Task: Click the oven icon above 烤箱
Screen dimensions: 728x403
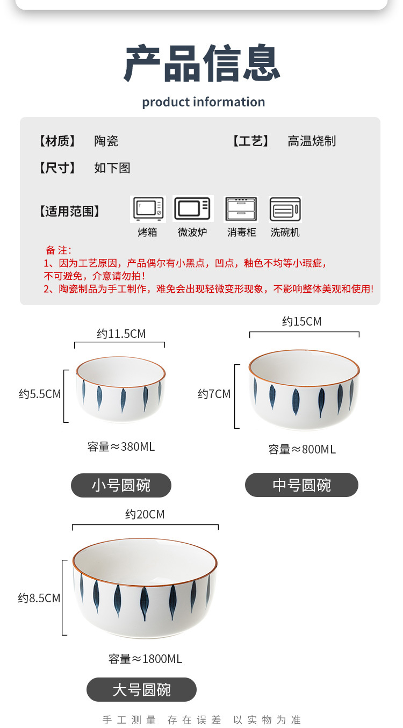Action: tap(148, 209)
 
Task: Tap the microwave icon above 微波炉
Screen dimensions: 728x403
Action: tap(193, 208)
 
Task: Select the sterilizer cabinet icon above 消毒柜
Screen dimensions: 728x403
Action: tap(241, 209)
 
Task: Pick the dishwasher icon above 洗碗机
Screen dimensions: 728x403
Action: tap(285, 209)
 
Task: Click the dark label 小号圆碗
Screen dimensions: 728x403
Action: tap(121, 486)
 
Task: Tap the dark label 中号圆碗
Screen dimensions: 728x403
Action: tap(301, 485)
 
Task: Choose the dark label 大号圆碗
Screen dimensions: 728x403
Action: tap(141, 690)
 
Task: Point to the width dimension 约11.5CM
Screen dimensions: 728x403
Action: tap(121, 334)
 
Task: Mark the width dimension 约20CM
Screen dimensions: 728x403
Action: tap(145, 515)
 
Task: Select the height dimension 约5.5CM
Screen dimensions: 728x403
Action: tap(40, 394)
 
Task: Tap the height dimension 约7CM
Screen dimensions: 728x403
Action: tap(214, 394)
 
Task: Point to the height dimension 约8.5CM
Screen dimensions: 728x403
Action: tap(39, 598)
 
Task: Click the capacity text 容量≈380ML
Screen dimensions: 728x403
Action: tap(121, 446)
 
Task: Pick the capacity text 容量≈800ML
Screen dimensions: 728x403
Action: tap(302, 449)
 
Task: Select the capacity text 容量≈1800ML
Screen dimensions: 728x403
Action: tap(145, 659)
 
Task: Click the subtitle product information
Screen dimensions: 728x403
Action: tap(203, 102)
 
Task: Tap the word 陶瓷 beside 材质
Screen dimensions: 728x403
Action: tap(106, 141)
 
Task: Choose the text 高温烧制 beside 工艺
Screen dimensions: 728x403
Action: tap(311, 141)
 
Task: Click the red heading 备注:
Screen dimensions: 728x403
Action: tap(58, 250)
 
